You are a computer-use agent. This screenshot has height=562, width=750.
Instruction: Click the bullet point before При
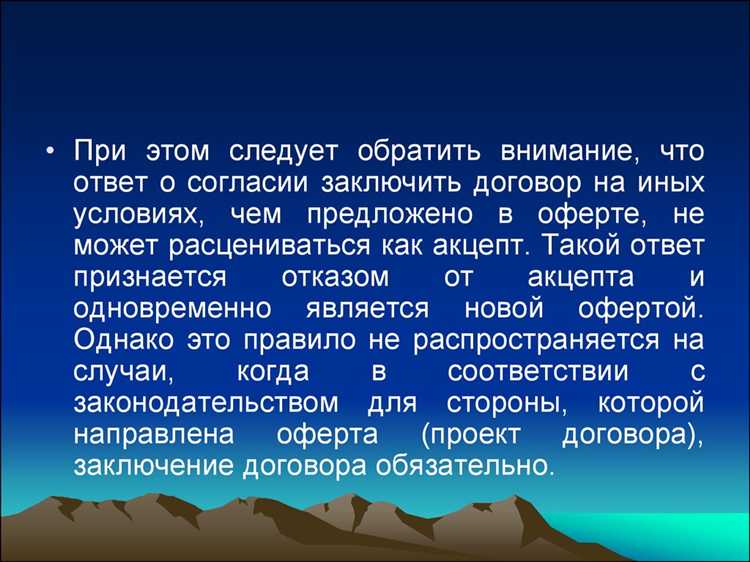point(50,153)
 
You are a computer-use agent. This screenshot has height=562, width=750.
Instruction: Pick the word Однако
point(125,340)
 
